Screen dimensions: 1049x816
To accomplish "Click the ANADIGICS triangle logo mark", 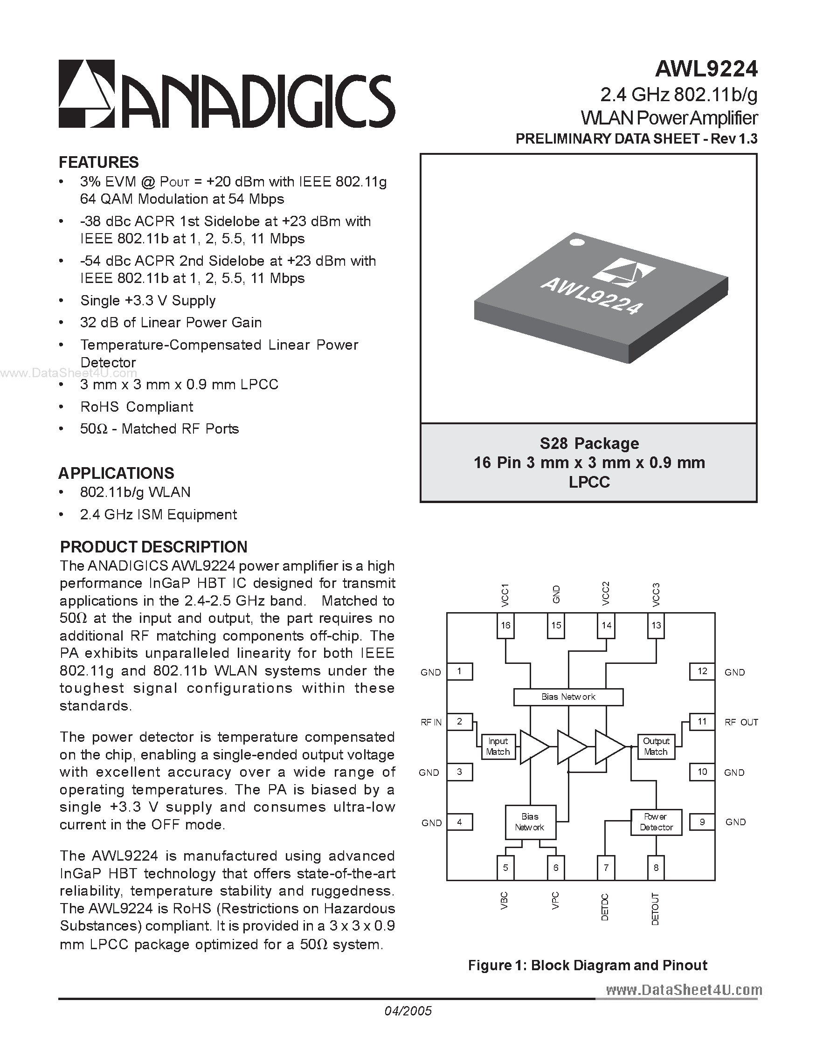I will click(86, 94).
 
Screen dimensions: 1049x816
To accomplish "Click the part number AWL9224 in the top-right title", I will click(706, 69).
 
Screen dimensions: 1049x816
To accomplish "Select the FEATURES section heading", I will click(98, 162).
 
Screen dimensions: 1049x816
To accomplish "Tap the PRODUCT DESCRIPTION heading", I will click(154, 546).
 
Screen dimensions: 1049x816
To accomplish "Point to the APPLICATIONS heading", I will click(116, 473).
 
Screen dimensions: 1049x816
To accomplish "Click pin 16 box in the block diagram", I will click(505, 625).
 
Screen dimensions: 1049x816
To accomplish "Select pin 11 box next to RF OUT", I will click(702, 721).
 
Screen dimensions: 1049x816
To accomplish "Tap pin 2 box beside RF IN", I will click(460, 721).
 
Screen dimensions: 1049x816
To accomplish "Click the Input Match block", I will click(498, 746).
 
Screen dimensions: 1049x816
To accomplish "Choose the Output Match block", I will click(656, 746).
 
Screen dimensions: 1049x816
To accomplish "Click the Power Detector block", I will click(656, 822).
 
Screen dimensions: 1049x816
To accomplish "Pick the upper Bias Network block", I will click(568, 697).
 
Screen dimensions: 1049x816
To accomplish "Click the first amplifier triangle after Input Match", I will click(533, 746).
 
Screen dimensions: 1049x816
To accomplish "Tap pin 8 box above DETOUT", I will click(656, 868).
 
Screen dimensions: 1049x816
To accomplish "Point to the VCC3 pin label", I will click(656, 594).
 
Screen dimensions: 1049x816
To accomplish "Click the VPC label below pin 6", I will click(556, 900).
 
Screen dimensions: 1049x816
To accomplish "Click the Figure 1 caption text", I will click(588, 965).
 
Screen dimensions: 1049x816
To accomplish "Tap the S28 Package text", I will click(589, 443).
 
